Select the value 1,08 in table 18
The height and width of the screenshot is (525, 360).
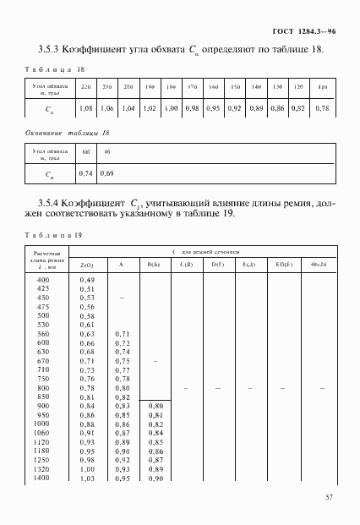(x=85, y=108)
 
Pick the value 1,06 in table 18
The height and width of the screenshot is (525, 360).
(x=106, y=108)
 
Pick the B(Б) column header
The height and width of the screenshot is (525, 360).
(x=154, y=265)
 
